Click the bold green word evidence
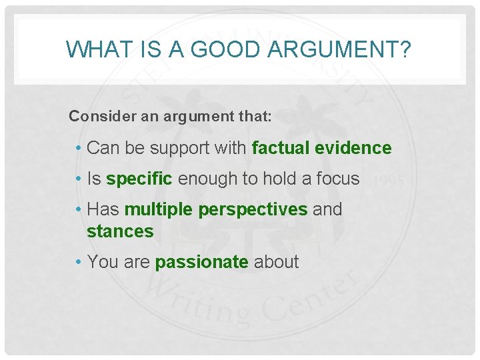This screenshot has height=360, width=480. (358, 148)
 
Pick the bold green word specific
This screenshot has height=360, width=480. (139, 179)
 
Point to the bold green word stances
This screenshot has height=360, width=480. (120, 231)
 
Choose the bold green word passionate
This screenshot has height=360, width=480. (201, 262)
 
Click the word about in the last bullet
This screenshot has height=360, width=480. (276, 262)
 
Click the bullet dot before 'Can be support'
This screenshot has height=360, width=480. (79, 149)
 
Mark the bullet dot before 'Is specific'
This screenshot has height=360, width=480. (79, 179)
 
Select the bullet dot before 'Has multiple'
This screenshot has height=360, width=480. (79, 210)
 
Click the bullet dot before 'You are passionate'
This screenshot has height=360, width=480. (79, 263)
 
